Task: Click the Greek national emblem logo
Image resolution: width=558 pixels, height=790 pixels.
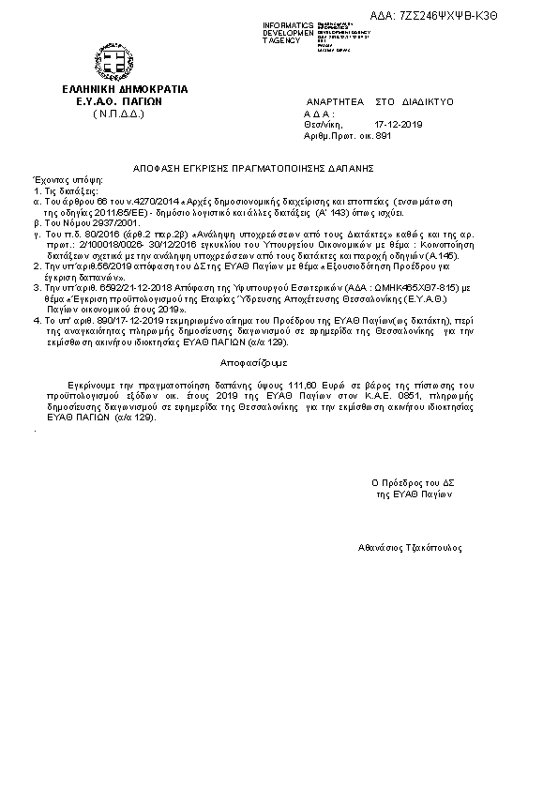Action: pyautogui.click(x=117, y=63)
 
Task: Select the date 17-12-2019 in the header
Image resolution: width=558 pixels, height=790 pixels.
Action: pyautogui.click(x=399, y=124)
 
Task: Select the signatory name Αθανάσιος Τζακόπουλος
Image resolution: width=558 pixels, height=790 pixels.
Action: pyautogui.click(x=410, y=547)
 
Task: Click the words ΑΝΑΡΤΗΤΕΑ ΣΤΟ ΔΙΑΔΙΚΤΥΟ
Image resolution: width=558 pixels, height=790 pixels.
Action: pyautogui.click(x=380, y=100)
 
